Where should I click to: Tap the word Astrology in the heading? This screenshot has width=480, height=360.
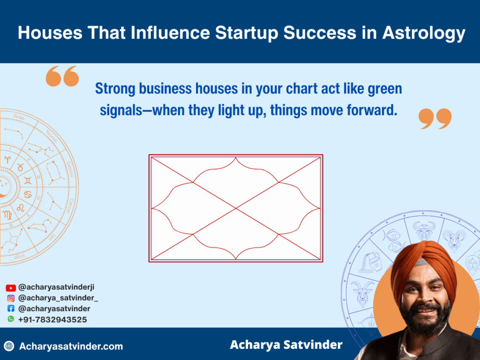(423, 33)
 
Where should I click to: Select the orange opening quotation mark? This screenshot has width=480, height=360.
(62, 76)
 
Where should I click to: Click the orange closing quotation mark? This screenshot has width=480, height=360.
(435, 119)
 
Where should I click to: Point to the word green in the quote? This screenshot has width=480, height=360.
(381, 89)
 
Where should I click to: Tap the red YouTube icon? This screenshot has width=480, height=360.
(11, 288)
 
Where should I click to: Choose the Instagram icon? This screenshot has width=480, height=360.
(11, 298)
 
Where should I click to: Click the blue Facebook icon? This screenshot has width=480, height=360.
(11, 308)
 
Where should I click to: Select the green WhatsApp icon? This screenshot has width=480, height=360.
(11, 319)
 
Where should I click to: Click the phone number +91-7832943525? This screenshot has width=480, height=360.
(52, 319)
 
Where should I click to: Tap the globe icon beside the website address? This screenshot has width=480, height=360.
(9, 346)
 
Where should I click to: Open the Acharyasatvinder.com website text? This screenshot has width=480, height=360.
(71, 346)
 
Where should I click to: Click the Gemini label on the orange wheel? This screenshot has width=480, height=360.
(70, 168)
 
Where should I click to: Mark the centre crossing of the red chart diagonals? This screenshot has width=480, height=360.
(236, 208)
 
